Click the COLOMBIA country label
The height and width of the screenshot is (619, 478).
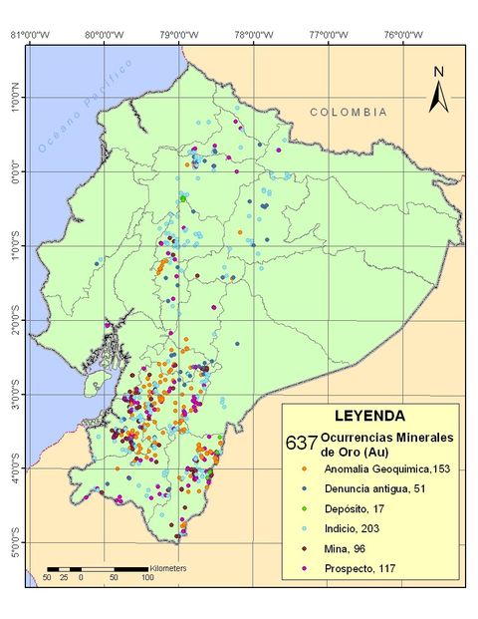[348, 113]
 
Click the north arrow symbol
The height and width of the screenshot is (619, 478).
[437, 97]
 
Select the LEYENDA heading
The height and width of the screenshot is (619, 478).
[369, 417]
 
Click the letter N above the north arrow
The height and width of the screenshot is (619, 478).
[437, 71]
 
